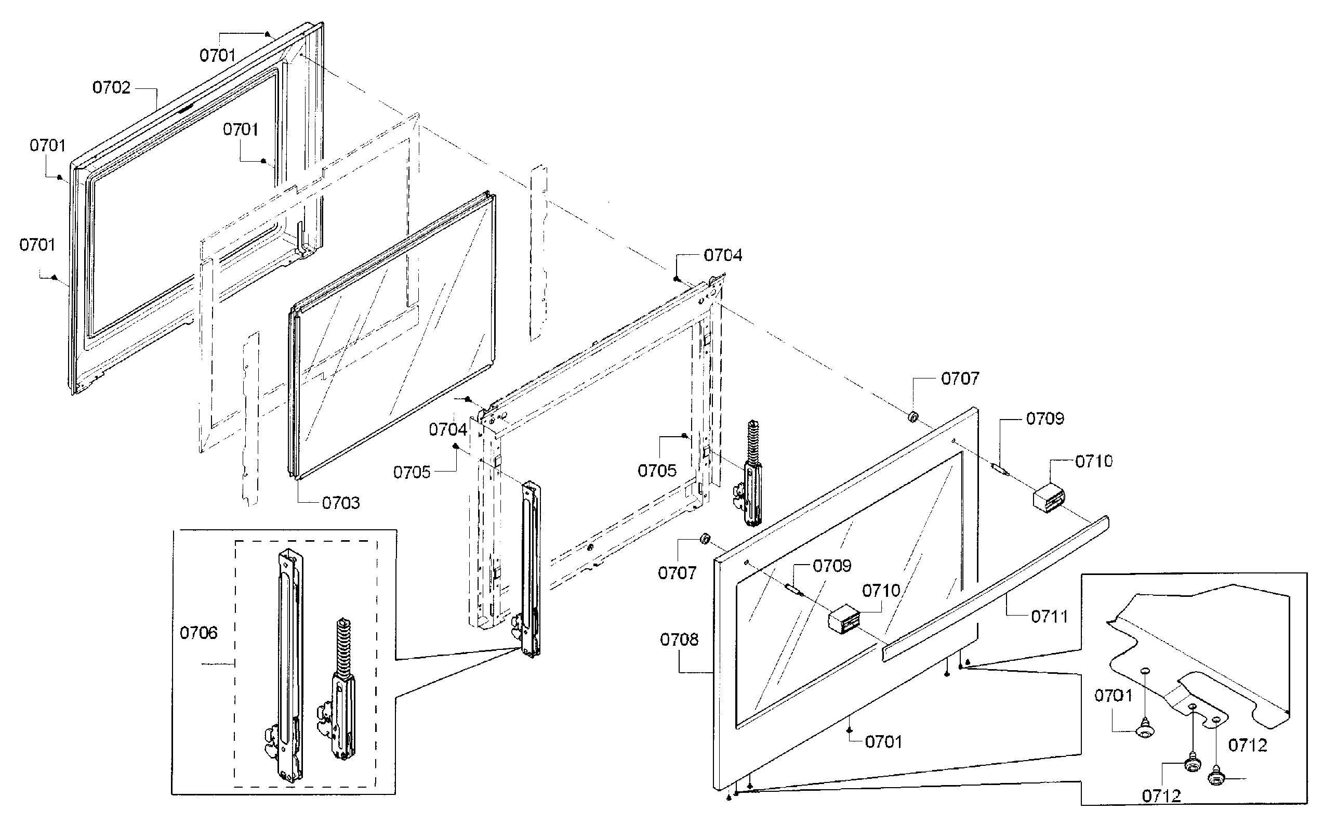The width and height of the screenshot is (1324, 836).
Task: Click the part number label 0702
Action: click(111, 87)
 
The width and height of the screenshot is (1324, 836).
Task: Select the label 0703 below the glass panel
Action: click(340, 502)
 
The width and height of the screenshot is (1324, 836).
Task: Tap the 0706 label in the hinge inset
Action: click(198, 633)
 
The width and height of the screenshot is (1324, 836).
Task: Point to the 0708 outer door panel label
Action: click(679, 639)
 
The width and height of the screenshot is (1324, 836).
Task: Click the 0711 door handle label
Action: click(1049, 617)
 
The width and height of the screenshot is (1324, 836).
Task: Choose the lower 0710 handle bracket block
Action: click(844, 620)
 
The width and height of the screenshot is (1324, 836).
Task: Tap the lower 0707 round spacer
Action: click(704, 539)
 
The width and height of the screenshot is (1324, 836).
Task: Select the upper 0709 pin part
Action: click(999, 468)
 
